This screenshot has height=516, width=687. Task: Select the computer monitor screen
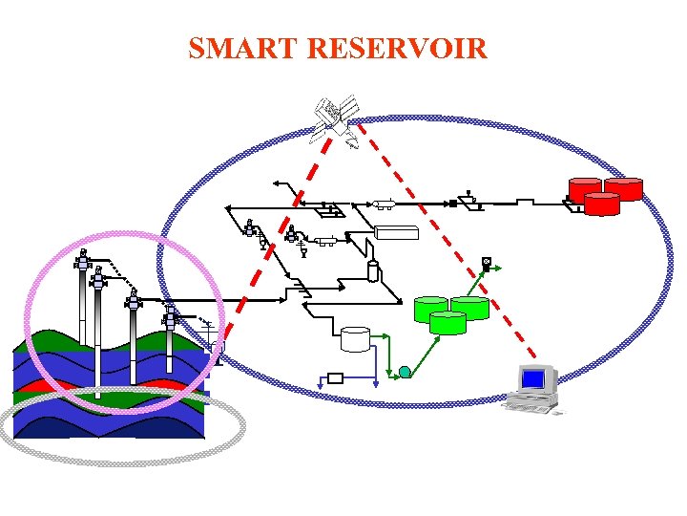533,379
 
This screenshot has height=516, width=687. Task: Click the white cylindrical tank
355,338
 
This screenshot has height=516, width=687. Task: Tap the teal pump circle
405,372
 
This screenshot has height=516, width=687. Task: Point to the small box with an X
487,262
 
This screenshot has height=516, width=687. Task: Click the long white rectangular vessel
397,231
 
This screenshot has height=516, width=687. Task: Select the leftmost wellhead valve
83,259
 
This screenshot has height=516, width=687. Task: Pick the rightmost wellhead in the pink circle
170,316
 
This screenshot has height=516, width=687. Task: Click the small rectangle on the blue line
335,377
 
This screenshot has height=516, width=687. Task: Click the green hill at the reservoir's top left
48,339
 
